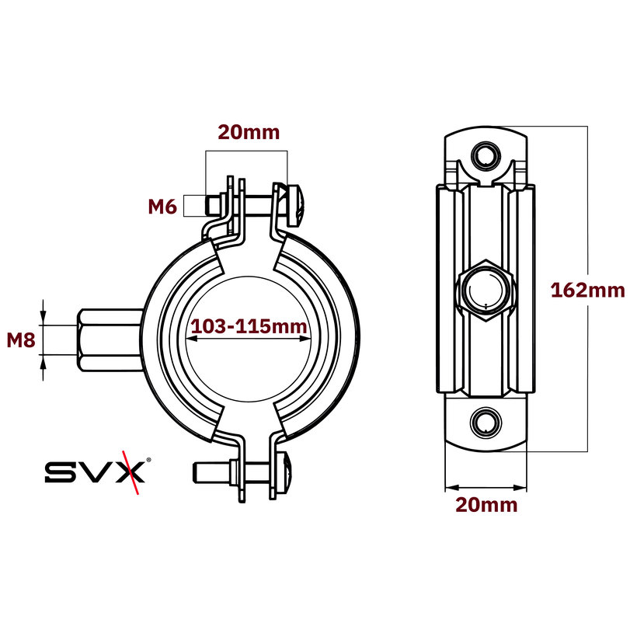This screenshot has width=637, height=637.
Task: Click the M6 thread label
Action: (165, 206)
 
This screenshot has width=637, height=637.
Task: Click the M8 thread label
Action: (21, 339)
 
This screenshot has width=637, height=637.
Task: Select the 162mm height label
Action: (587, 291)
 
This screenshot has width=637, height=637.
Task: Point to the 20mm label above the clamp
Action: (248, 132)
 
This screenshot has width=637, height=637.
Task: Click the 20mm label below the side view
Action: (486, 505)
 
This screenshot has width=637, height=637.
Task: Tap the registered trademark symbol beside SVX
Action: (149, 459)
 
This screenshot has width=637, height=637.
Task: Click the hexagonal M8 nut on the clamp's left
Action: (109, 339)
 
